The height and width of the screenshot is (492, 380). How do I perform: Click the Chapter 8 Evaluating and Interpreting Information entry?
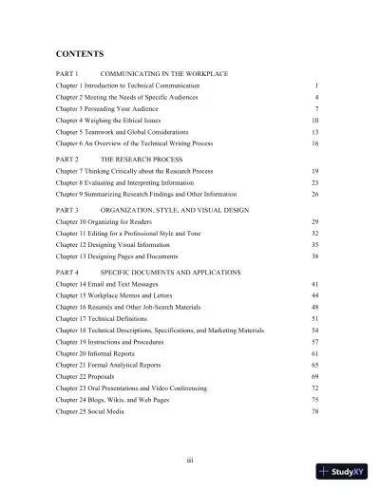tap(130, 180)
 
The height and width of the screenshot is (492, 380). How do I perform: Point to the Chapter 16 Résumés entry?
tap(134, 308)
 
